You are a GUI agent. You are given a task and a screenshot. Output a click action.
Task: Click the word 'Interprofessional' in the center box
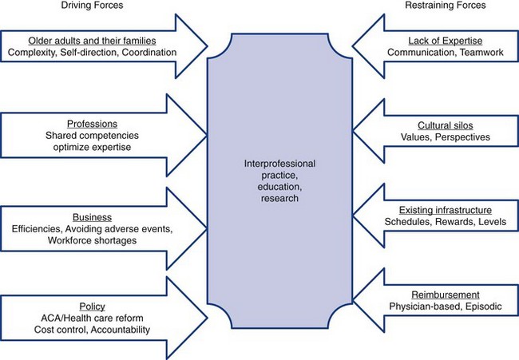tap(279, 164)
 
